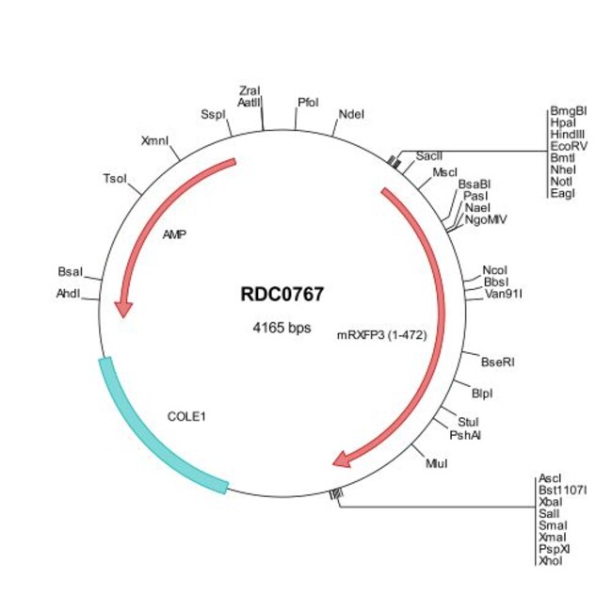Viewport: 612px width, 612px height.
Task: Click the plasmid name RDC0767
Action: pos(282,294)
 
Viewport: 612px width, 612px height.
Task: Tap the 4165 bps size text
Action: pos(282,328)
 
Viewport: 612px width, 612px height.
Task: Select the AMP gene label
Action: pos(174,234)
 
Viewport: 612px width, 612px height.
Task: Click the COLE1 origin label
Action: pos(186,414)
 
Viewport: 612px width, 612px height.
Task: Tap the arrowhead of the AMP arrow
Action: pos(122,308)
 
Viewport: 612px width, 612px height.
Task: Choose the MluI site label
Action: pos(437,463)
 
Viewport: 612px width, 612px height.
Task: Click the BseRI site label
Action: pos(497,361)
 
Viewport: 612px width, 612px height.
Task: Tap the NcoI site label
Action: pos(494,268)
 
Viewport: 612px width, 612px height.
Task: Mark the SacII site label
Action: pos(429,153)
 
